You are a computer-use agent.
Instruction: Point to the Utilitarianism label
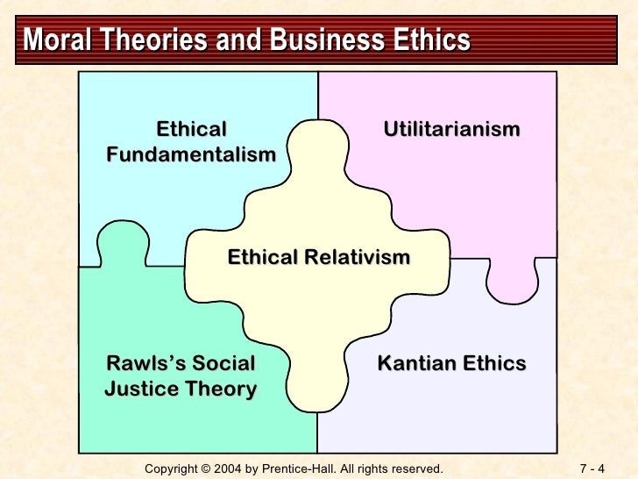point(451,130)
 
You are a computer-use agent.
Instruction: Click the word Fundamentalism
point(191,155)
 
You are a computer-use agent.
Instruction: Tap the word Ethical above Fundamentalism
point(191,130)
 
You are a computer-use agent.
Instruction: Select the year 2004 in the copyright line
point(237,468)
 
